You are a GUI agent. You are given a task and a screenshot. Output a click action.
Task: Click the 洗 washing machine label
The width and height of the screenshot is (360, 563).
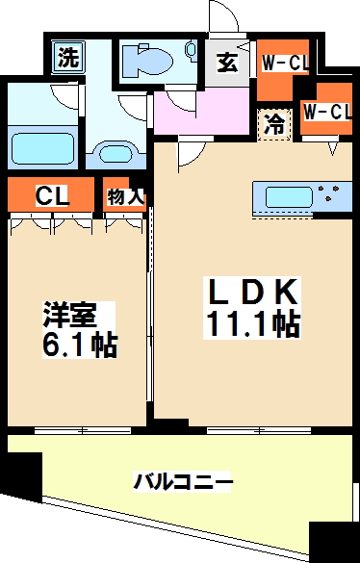[x=67, y=57]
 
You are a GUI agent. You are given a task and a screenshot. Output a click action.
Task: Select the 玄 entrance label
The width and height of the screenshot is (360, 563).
[x=228, y=64]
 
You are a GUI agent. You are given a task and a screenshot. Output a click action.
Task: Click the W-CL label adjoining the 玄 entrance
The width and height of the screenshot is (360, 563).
[x=284, y=64]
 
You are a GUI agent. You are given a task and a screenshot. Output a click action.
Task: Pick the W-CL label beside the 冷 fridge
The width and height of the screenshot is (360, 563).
[x=326, y=111]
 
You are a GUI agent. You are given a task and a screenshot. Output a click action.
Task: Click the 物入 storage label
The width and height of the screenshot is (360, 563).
[x=125, y=196]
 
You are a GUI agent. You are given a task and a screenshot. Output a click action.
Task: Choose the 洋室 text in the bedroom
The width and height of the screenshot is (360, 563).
[x=69, y=317]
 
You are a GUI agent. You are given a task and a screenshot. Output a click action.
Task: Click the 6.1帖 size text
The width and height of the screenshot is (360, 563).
[x=77, y=345]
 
